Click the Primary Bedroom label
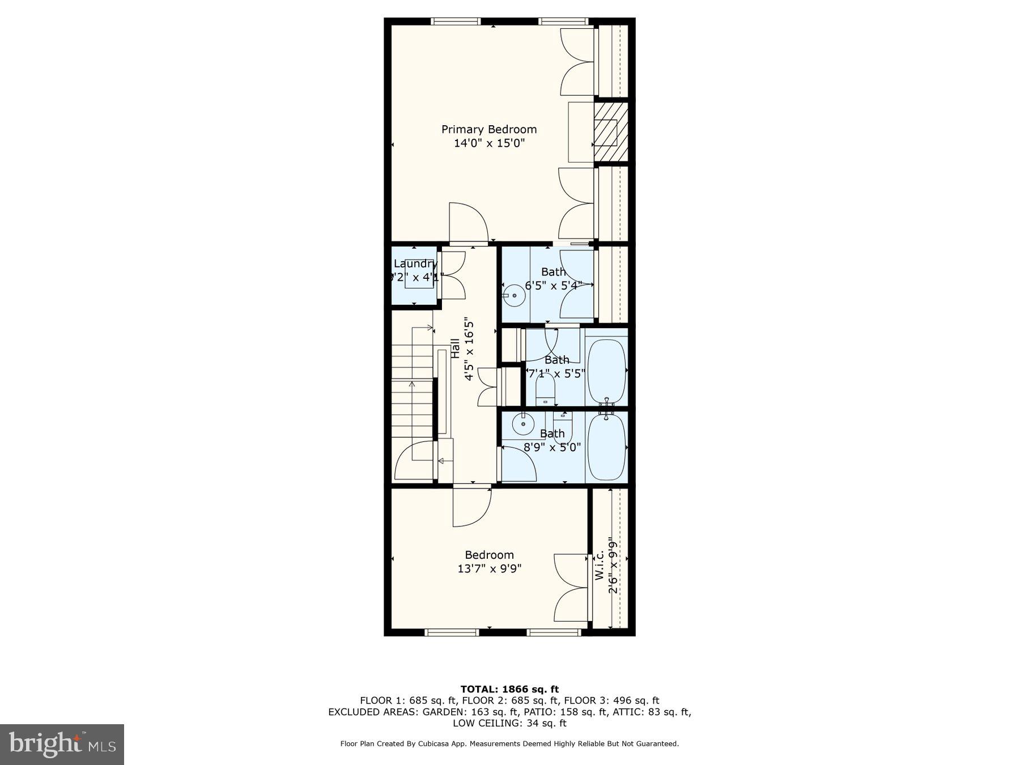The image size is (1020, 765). [x=488, y=129]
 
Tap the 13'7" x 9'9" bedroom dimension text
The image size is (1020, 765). [x=489, y=568]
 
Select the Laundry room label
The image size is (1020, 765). [x=415, y=263]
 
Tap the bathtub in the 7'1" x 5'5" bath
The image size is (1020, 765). [x=606, y=369]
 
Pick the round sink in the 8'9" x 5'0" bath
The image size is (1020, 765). [x=522, y=423]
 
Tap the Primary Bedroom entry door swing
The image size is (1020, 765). [x=468, y=222]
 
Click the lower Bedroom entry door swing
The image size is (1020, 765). [x=471, y=507]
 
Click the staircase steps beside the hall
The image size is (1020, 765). [x=412, y=391]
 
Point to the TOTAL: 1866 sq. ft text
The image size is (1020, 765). [x=509, y=689]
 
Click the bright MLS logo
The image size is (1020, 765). [x=62, y=744]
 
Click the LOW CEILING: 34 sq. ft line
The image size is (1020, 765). [x=509, y=723]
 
